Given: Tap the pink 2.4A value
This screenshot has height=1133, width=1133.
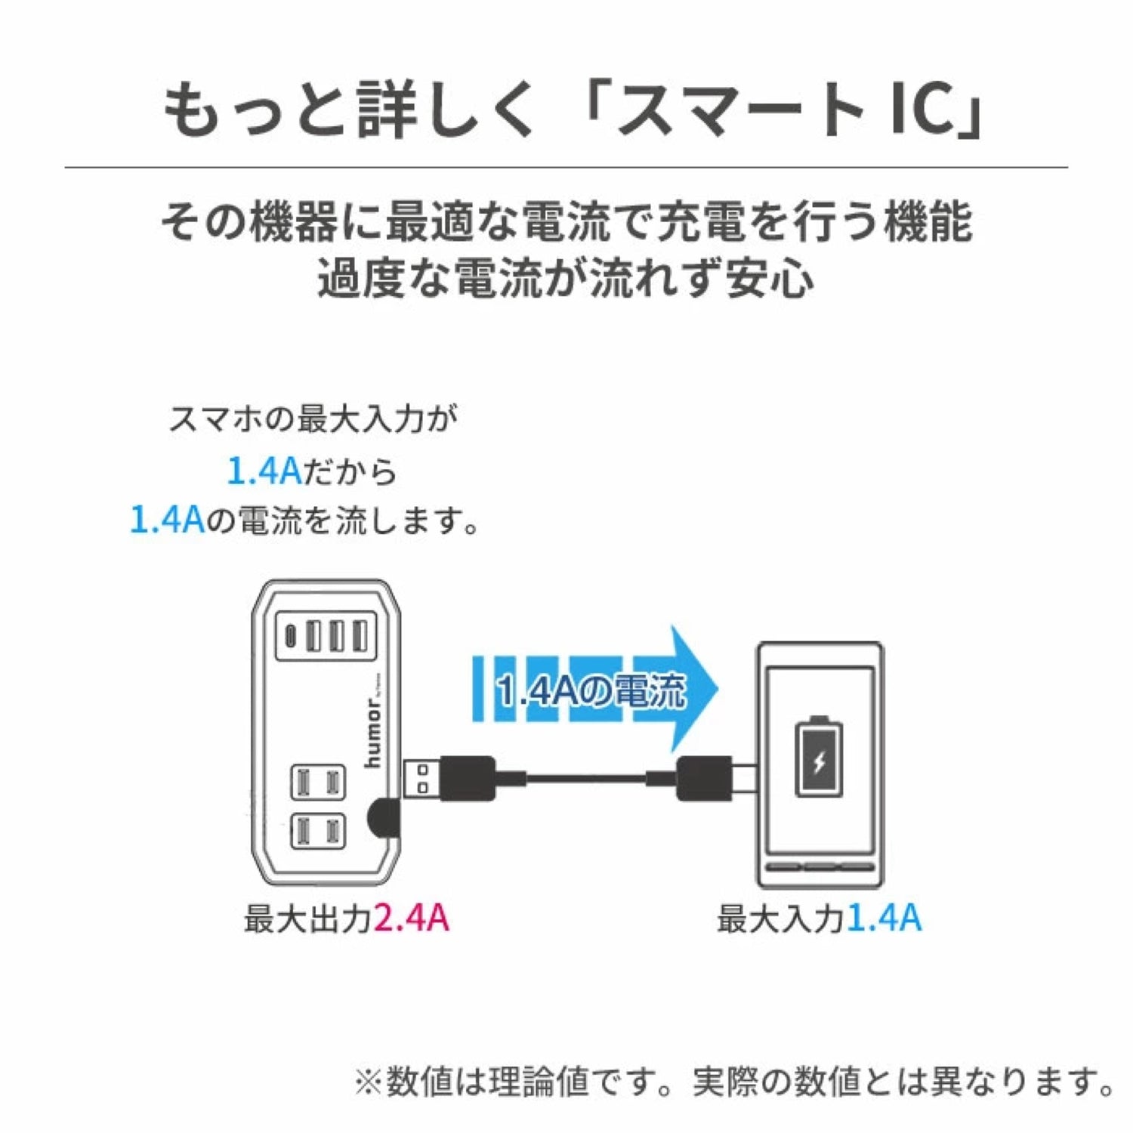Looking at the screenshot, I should pyautogui.click(x=412, y=918).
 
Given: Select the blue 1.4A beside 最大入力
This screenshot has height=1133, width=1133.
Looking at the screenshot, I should pyautogui.click(x=884, y=918).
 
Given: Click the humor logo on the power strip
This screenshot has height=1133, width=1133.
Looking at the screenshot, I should pyautogui.click(x=375, y=733).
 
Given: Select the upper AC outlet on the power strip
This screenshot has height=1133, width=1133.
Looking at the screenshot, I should pyautogui.click(x=318, y=783).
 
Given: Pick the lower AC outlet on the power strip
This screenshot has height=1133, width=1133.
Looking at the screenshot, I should pyautogui.click(x=318, y=831).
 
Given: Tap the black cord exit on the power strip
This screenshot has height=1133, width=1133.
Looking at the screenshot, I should pyautogui.click(x=383, y=816).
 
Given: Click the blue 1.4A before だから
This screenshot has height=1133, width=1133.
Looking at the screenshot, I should pyautogui.click(x=264, y=471).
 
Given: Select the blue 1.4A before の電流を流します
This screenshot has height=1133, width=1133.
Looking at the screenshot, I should pyautogui.click(x=168, y=520).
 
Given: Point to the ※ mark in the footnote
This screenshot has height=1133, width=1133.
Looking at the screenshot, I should pyautogui.click(x=369, y=1082).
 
